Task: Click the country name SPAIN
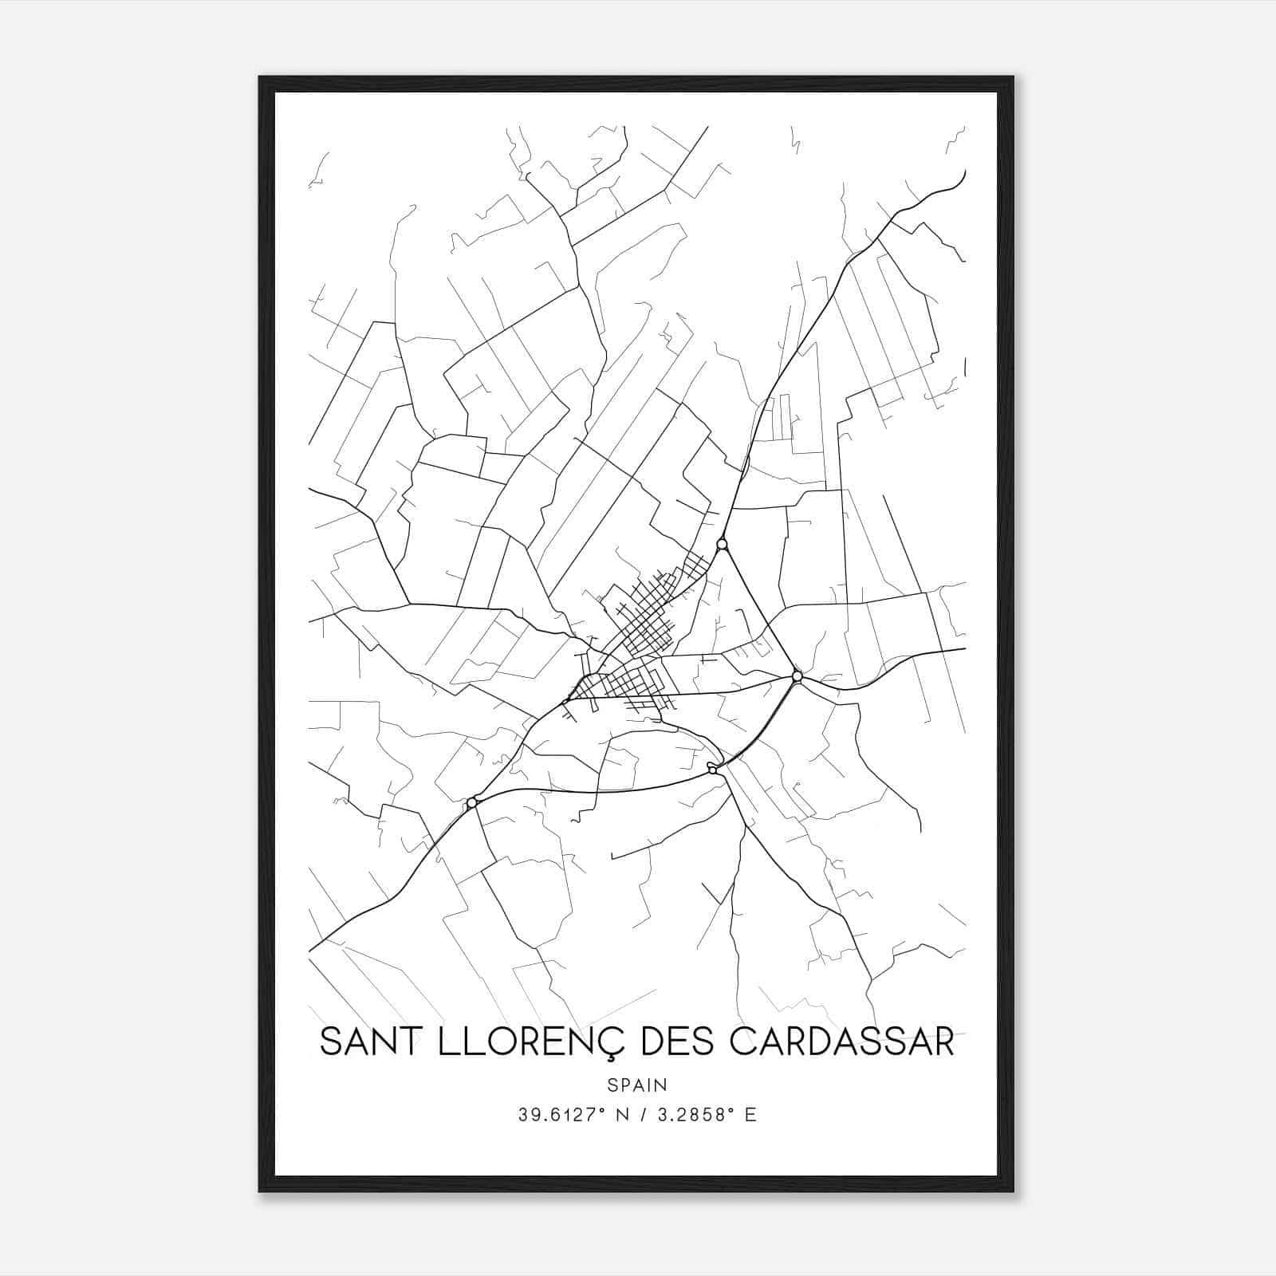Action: (637, 1085)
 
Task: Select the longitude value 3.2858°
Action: (691, 1115)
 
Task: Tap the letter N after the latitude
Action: (618, 1115)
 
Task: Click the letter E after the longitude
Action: (750, 1115)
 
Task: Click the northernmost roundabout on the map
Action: (722, 544)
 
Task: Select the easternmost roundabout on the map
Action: (797, 676)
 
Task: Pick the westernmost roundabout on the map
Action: (472, 802)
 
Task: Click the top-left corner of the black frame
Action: (260, 77)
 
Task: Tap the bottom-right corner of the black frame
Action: (1013, 1191)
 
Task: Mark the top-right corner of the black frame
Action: (1013, 77)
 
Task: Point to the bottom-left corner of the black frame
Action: (260, 1191)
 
